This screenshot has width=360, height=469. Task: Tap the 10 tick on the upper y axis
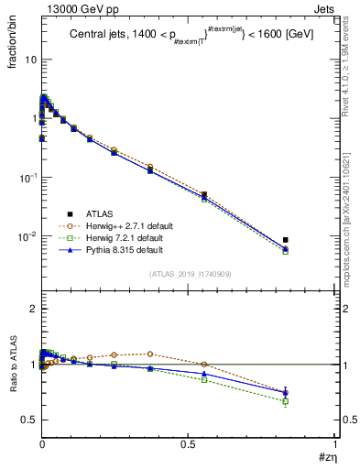tap(27, 60)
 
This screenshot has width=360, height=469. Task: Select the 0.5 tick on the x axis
tap(188, 443)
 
